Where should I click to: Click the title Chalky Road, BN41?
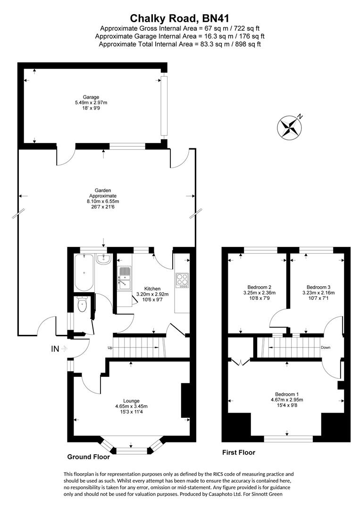(x=179, y=18)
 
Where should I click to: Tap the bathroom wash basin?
(x=102, y=259)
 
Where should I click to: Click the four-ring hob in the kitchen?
(x=182, y=280)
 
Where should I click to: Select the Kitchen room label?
(x=152, y=289)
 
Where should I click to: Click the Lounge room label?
(x=131, y=401)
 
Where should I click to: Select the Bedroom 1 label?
(x=287, y=394)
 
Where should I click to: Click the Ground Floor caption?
(x=89, y=457)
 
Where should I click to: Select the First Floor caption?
(x=239, y=452)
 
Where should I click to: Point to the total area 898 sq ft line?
(x=179, y=44)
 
